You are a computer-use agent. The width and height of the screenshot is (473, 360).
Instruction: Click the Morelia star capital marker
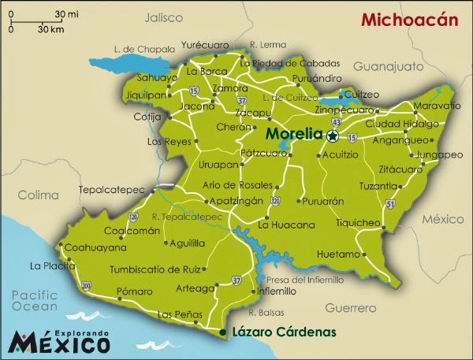point(333,136)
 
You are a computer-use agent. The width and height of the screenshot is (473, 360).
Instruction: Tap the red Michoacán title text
point(409,20)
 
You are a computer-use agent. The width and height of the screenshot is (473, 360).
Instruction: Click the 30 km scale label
point(51,29)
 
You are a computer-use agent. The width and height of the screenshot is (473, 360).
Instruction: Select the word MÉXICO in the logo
point(59,343)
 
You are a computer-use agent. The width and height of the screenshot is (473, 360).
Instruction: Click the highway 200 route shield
point(85,284)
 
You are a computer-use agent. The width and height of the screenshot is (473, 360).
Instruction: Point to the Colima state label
point(39,195)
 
